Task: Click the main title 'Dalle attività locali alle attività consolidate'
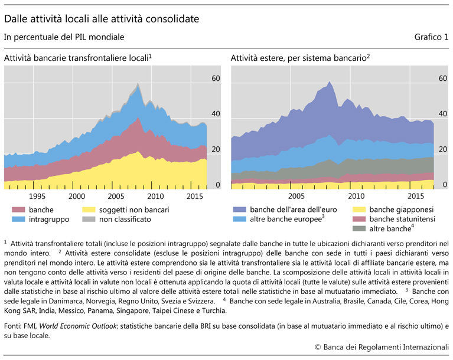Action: click(x=101, y=19)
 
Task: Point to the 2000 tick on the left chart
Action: click(x=77, y=196)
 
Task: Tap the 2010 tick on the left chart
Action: click(x=155, y=196)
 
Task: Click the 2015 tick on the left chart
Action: click(x=195, y=196)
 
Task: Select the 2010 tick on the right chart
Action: click(x=356, y=196)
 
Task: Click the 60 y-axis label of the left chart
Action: click(x=216, y=78)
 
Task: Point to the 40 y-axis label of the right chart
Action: click(x=442, y=113)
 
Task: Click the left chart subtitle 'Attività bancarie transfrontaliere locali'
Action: click(x=77, y=58)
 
